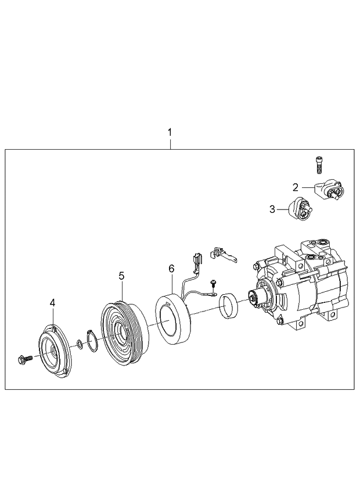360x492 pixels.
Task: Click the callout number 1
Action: pyautogui.click(x=170, y=132)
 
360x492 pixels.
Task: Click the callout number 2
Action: pyautogui.click(x=296, y=187)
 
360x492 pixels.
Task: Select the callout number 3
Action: pyautogui.click(x=272, y=209)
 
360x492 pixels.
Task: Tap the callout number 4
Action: pyautogui.click(x=52, y=302)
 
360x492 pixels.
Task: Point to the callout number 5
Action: pyautogui.click(x=121, y=276)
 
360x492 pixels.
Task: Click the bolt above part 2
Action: pyautogui.click(x=319, y=165)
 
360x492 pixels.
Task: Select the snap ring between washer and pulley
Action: pyautogui.click(x=91, y=341)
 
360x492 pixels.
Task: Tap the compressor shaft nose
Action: pyautogui.click(x=253, y=299)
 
